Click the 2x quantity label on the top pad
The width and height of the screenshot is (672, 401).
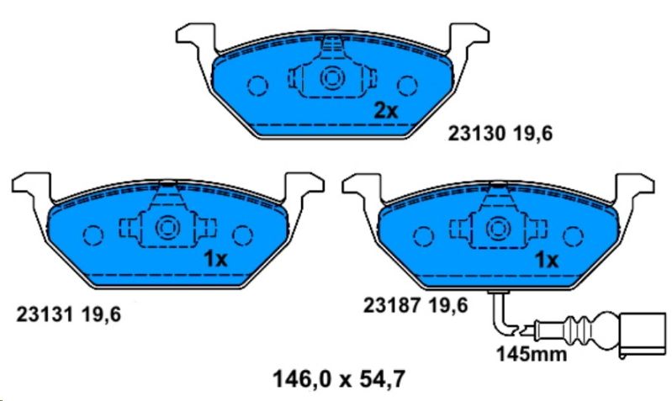coord(386,111)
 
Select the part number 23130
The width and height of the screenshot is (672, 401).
coord(476,134)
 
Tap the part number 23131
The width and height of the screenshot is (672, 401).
coord(44,315)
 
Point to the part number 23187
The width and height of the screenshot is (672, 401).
coord(391,306)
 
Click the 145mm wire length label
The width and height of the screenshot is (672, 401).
coord(532,354)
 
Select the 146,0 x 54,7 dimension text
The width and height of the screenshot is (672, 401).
coord(339,379)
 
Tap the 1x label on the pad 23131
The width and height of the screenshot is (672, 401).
coord(215,259)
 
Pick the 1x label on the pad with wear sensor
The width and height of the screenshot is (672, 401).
coord(547,260)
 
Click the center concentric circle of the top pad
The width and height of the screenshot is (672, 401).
coord(332,78)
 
